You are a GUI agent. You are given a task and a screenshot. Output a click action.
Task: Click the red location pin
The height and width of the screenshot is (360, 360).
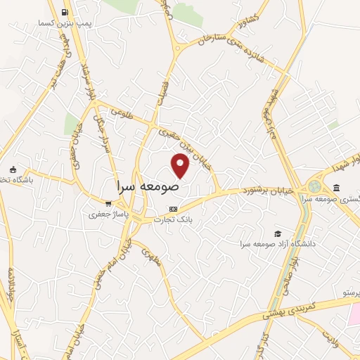[x=181, y=166]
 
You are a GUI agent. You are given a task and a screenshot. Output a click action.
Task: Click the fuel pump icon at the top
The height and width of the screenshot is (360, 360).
[x=65, y=12]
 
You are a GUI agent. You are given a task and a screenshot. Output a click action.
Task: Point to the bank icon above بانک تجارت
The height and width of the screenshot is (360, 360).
[x=174, y=209]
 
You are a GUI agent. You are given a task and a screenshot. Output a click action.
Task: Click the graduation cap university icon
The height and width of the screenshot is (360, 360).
[x=279, y=233]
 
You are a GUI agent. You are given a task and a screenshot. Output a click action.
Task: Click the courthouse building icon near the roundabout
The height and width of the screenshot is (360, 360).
[x=336, y=188]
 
